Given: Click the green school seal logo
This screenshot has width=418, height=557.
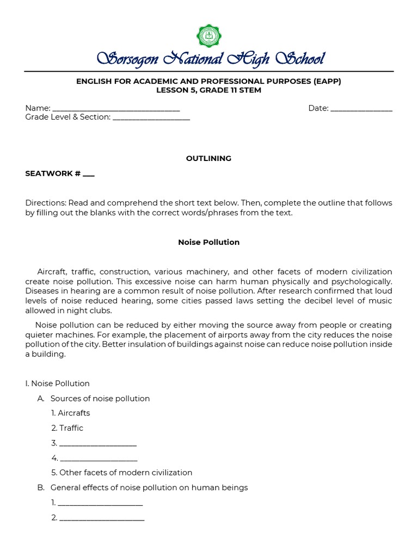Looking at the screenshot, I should (209, 36).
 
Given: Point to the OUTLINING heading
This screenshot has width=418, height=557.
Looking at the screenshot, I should (208, 158).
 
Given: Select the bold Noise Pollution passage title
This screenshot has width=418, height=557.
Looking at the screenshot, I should (208, 242).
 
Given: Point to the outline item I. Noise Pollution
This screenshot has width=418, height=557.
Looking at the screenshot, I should (57, 383).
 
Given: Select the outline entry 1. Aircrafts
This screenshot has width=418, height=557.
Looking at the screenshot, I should (71, 413).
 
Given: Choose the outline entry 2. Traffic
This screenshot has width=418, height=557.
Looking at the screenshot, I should (67, 428).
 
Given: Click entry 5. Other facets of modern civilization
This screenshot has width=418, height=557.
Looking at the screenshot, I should (122, 473).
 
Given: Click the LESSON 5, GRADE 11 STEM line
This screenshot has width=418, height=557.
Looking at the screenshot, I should (208, 90).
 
